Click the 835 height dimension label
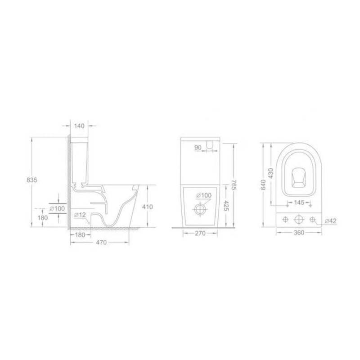tap(31, 180)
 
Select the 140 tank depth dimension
tap(80, 126)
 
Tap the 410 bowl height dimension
tap(147, 207)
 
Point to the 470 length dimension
tap(101, 242)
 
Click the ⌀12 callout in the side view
tap(80, 215)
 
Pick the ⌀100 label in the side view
tap(58, 208)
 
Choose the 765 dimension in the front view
tap(234, 185)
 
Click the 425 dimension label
tap(226, 206)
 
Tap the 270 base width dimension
tap(200, 233)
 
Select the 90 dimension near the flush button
tap(198, 148)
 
